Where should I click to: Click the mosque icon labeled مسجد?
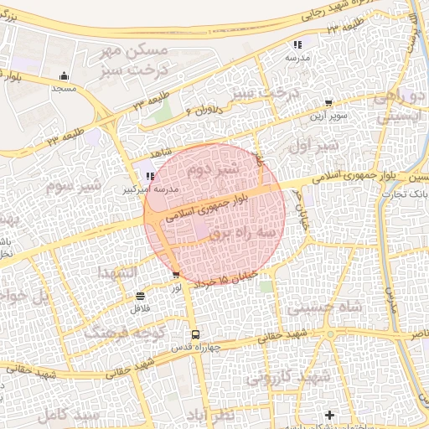click(65, 75)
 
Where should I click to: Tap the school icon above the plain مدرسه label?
click(297, 44)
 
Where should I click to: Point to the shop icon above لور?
click(175, 274)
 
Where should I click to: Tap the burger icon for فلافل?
click(138, 296)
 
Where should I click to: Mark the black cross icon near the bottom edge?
click(330, 415)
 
